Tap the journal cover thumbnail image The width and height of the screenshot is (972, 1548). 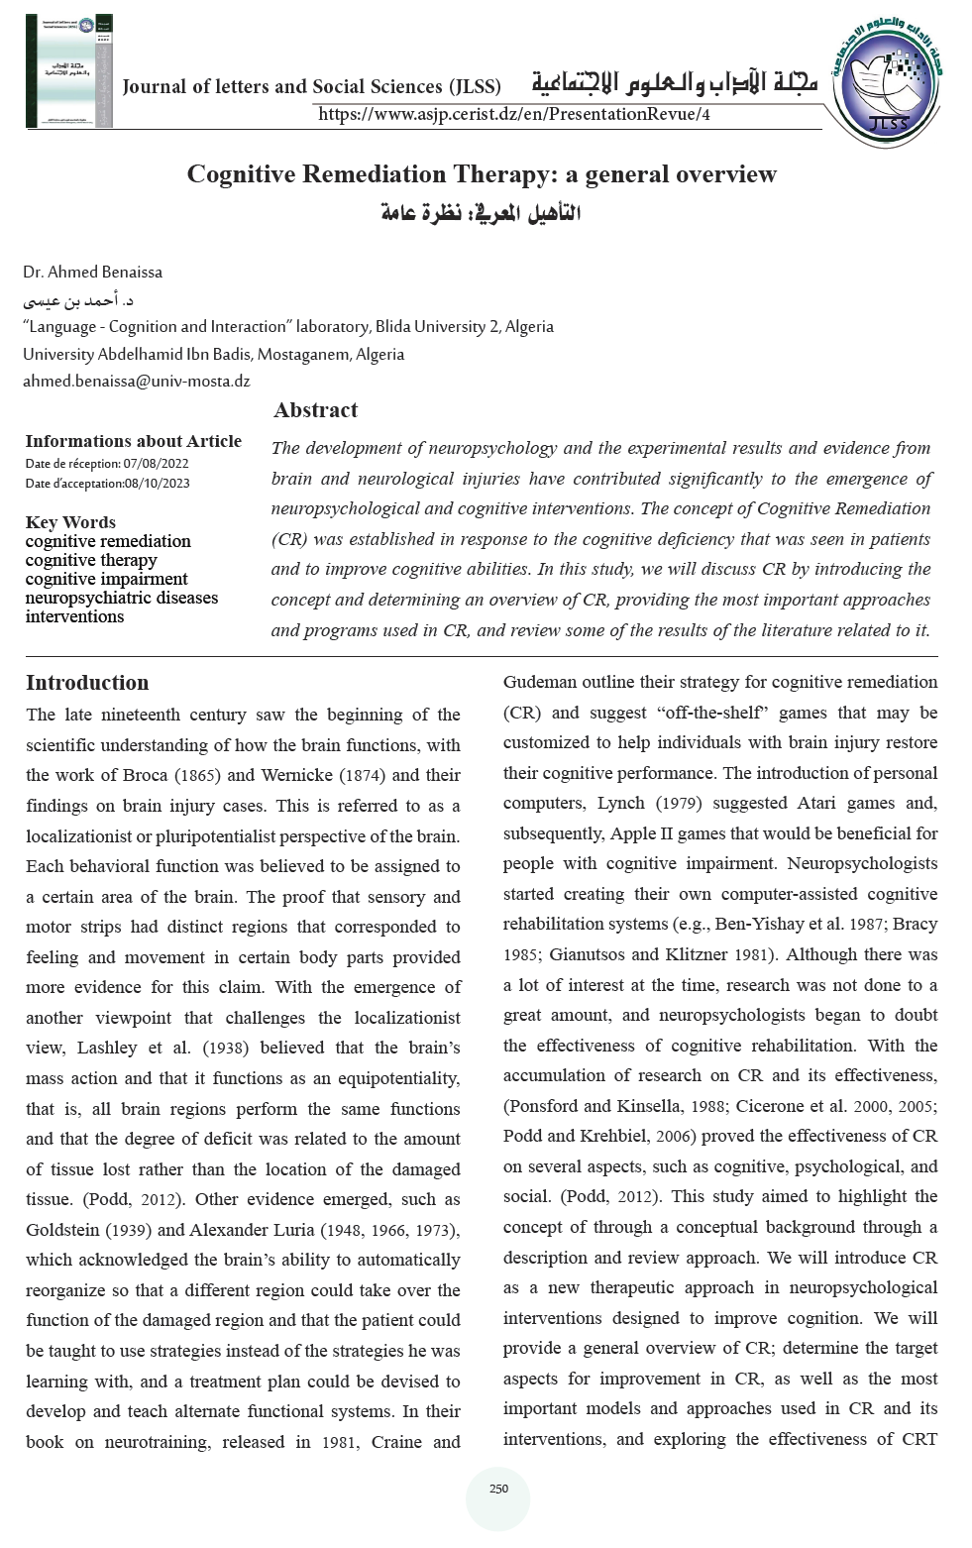click(x=69, y=71)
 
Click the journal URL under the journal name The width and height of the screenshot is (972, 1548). click(x=513, y=114)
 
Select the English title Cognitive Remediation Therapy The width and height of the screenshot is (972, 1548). click(x=482, y=174)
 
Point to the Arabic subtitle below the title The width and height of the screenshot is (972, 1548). click(x=482, y=213)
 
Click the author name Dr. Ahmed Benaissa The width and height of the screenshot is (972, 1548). click(x=93, y=272)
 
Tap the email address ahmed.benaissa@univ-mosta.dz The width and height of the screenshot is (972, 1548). click(x=137, y=381)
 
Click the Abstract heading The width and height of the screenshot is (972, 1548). click(x=315, y=409)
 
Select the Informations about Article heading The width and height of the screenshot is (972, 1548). click(x=133, y=441)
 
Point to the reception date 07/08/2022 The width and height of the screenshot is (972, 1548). click(x=156, y=463)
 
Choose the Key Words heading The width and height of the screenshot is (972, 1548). click(x=70, y=522)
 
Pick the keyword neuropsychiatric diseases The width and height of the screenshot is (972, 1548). click(x=122, y=598)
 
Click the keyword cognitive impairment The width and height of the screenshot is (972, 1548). click(x=106, y=579)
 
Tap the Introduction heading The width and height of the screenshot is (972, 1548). click(x=87, y=682)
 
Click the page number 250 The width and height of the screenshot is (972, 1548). click(x=498, y=1489)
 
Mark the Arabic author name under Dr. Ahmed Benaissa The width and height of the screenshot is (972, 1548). click(x=78, y=299)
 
